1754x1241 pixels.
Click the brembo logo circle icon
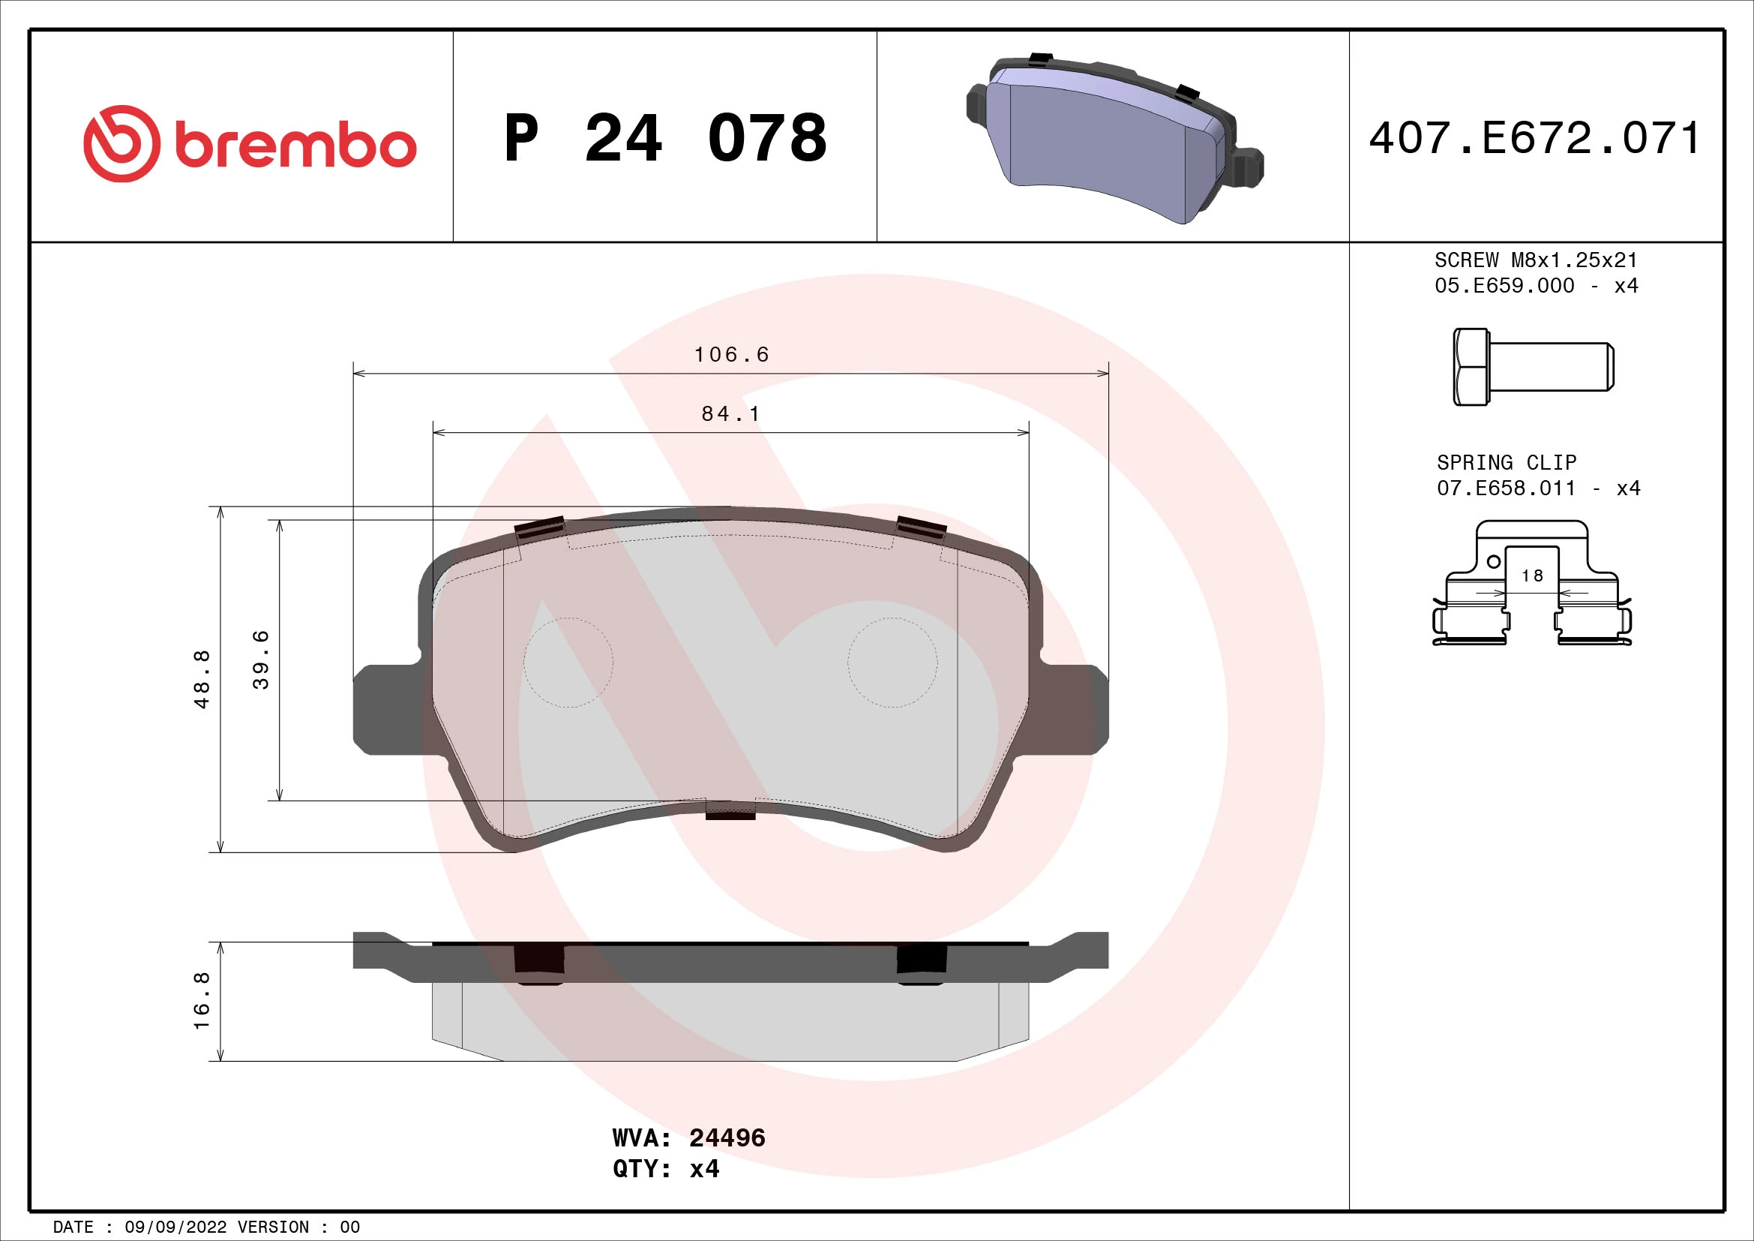121,143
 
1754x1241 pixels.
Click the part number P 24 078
664,138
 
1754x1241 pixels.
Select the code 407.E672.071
1535,138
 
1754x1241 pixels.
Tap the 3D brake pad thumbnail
1114,141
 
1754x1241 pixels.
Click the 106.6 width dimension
731,355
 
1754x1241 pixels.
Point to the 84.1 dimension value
730,413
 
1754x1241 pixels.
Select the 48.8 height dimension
202,678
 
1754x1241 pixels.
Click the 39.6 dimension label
260,660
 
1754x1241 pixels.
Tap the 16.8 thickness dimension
202,1000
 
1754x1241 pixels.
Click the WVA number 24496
727,1138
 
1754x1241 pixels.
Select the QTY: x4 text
665,1169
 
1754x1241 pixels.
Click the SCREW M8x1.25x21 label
1536,260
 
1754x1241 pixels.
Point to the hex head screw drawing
1533,367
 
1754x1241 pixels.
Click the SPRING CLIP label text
1506,462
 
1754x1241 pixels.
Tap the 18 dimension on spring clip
1532,575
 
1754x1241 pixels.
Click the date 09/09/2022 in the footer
175,1227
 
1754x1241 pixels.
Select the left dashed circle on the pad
568,663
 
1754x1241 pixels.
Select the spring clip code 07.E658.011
1506,488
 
